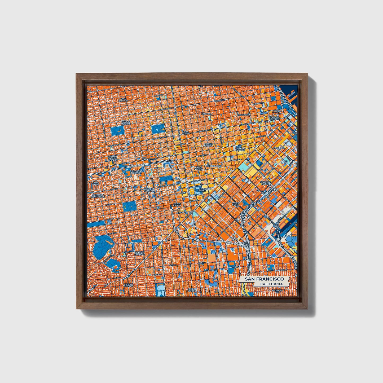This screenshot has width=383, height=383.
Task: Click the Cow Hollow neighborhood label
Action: [123, 100]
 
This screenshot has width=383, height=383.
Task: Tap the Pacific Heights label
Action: [126, 123]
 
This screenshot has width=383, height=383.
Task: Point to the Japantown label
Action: [149, 159]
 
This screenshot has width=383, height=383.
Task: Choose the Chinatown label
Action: [243, 115]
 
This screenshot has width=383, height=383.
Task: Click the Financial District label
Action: [274, 118]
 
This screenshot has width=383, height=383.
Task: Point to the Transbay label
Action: [279, 148]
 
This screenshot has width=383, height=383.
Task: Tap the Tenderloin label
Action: [214, 166]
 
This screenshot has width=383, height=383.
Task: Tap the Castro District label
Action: [129, 285]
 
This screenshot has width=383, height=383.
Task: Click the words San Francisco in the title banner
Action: [264, 279]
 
